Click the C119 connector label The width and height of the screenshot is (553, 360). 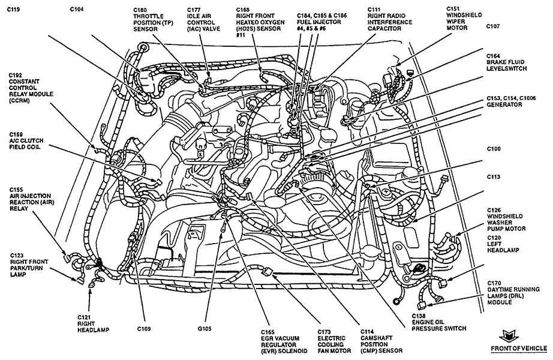(x=13, y=9)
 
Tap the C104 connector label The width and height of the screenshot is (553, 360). (x=77, y=9)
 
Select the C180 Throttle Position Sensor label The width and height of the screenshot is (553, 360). (x=149, y=19)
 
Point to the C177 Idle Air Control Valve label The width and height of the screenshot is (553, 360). (x=203, y=19)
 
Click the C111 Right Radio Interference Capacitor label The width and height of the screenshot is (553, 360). (x=390, y=19)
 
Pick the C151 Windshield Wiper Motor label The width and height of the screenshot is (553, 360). (x=464, y=18)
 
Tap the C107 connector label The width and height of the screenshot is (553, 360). (x=493, y=26)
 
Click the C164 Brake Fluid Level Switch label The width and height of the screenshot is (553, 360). (x=506, y=62)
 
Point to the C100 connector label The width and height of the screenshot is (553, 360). (x=494, y=149)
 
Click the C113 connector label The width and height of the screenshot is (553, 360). (x=494, y=176)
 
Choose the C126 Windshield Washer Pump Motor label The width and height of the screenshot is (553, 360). (x=506, y=219)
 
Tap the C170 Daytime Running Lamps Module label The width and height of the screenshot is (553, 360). (x=513, y=293)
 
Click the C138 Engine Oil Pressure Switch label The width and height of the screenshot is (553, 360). (x=438, y=322)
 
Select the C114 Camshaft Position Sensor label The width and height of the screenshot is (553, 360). (x=381, y=341)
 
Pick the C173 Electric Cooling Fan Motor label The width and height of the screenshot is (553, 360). (x=334, y=341)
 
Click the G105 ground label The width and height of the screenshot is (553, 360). (x=205, y=329)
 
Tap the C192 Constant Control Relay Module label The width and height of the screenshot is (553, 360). (x=31, y=88)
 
